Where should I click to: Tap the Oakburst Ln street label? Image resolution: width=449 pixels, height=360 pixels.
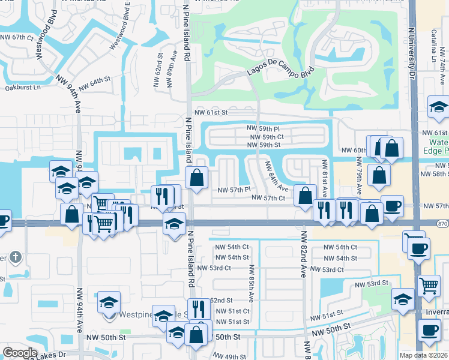click(x=22, y=87)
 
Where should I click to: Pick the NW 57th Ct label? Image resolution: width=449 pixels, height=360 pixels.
click(x=267, y=197)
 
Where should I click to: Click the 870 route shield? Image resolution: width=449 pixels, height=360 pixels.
click(x=442, y=223)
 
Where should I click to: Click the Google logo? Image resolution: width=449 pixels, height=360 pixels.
click(x=20, y=352)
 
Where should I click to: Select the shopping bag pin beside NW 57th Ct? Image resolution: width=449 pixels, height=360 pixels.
click(x=306, y=195)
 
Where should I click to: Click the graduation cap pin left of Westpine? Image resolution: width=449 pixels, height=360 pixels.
click(x=109, y=302)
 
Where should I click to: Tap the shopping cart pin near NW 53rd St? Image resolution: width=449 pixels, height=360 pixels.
click(x=428, y=286)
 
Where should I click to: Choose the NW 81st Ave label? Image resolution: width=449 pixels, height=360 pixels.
click(x=325, y=174)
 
